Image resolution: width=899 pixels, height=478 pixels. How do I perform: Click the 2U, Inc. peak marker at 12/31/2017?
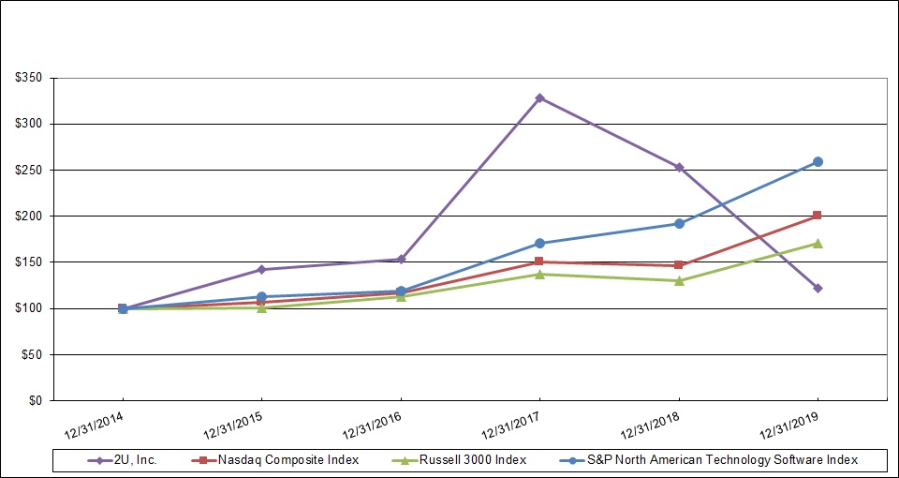(x=539, y=97)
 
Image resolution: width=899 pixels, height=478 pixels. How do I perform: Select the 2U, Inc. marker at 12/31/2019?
(x=818, y=288)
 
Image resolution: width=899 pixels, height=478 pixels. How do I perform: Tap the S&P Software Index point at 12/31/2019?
(x=818, y=161)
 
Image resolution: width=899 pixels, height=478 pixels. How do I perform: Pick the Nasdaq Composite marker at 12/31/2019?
(x=818, y=216)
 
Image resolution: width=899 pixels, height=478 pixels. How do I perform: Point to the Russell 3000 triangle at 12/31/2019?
(x=818, y=243)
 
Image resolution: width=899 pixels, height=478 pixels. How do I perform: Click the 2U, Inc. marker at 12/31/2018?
(x=679, y=168)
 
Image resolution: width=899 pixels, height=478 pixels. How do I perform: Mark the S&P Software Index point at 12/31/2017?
(x=539, y=243)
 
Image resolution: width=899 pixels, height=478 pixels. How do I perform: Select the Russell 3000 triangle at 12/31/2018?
(x=679, y=280)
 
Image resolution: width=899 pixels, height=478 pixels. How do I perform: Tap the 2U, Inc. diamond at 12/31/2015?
(x=261, y=269)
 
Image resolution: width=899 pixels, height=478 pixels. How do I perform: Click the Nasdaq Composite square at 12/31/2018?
(x=679, y=265)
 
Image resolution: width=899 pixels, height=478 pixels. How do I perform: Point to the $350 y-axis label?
(x=32, y=78)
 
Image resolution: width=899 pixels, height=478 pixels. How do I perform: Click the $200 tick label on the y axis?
(x=32, y=216)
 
